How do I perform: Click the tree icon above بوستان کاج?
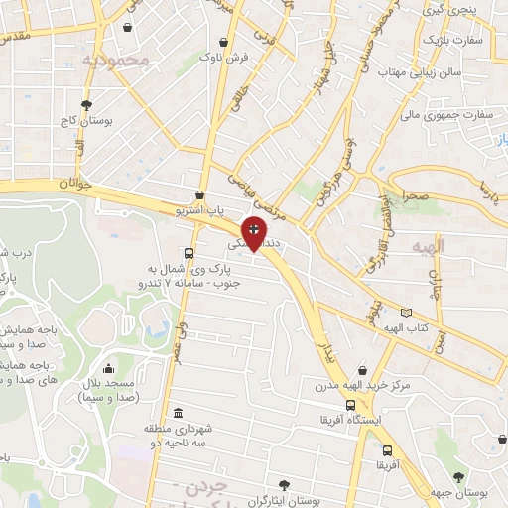pos(86,104)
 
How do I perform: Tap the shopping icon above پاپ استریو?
pos(201,195)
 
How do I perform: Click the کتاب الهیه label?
pos(406,326)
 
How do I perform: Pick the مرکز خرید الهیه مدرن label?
pos(363,384)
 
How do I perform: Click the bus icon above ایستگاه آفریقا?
pos(350,405)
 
